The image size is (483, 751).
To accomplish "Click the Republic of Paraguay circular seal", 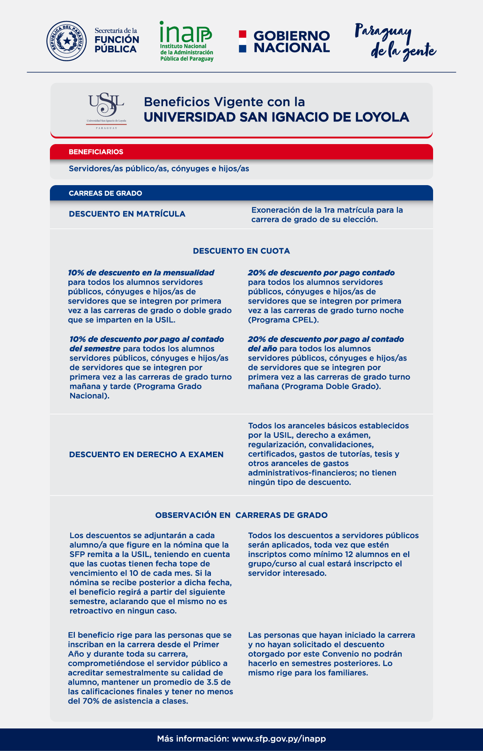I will pyautogui.click(x=66, y=41).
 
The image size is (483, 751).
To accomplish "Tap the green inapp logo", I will pyautogui.click(x=186, y=41).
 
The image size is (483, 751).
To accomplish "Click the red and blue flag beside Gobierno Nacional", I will pyautogui.click(x=242, y=41).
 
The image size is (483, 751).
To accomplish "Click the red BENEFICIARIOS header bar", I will pyautogui.click(x=242, y=152).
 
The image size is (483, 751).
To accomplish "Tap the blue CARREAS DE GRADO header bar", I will pyautogui.click(x=242, y=193).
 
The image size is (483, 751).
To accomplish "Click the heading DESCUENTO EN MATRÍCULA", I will pyautogui.click(x=127, y=214).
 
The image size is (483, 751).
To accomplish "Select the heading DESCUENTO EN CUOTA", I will pyautogui.click(x=241, y=251).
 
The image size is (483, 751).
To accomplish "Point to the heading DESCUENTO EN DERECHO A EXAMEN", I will pyautogui.click(x=146, y=455).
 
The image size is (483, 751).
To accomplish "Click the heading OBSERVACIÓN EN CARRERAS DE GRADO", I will pyautogui.click(x=241, y=515).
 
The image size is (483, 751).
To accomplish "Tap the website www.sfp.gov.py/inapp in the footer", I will pyautogui.click(x=279, y=739).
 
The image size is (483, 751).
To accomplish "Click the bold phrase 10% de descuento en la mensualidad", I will pyautogui.click(x=141, y=273).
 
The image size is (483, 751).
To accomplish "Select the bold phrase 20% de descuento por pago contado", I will pyautogui.click(x=321, y=273).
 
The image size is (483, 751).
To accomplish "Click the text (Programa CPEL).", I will pyautogui.click(x=283, y=320).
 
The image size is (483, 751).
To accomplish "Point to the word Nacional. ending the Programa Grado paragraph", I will pyautogui.click(x=89, y=396).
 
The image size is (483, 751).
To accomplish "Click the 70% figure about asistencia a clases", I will pyautogui.click(x=91, y=701).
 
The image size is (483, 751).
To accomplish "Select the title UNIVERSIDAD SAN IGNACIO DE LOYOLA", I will pyautogui.click(x=276, y=117).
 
